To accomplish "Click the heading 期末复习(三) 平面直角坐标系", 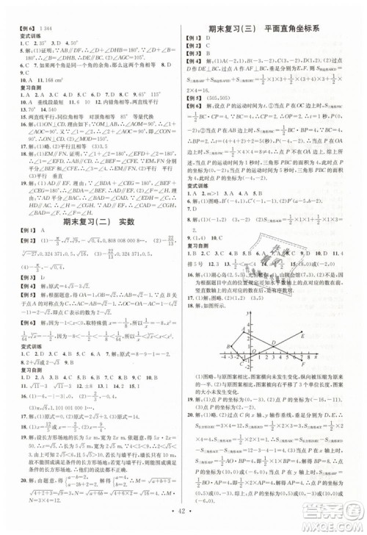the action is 274,29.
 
